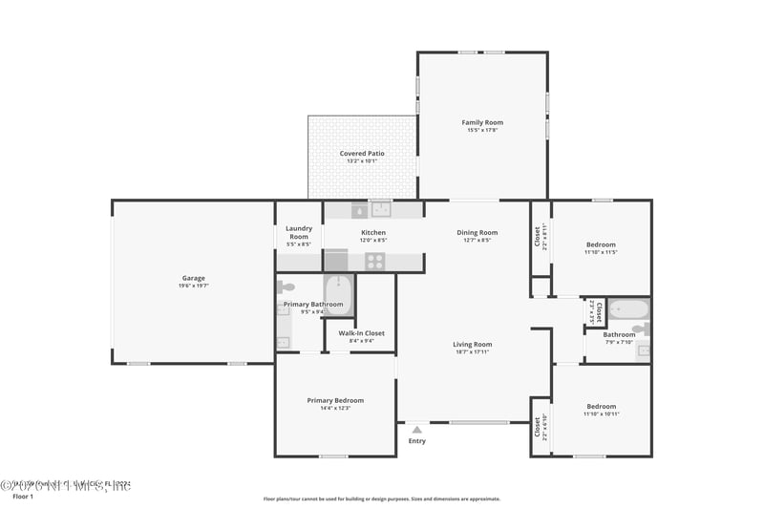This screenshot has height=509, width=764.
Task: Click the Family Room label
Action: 482,122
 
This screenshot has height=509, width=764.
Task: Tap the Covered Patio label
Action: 362,153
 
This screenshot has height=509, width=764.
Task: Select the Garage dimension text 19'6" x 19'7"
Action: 194,286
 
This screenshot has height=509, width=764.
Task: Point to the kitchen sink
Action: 381,210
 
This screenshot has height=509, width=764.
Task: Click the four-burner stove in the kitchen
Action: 374,261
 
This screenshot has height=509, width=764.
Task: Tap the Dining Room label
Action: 477,232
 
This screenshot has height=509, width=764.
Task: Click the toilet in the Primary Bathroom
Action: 285,286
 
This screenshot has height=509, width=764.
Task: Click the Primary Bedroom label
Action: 335,400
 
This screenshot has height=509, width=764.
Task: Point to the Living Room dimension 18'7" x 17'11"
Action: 473,352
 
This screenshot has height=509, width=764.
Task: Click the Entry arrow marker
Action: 416,430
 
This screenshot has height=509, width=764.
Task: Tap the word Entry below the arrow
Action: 417,441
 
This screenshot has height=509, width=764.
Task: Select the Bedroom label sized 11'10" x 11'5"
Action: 601,244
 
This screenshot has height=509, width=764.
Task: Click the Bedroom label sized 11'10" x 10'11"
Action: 601,406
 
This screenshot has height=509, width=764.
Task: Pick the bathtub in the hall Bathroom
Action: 629,309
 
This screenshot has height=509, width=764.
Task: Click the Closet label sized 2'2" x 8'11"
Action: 539,235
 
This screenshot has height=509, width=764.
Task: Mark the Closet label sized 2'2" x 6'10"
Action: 538,426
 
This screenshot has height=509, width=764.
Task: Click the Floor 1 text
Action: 22,497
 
